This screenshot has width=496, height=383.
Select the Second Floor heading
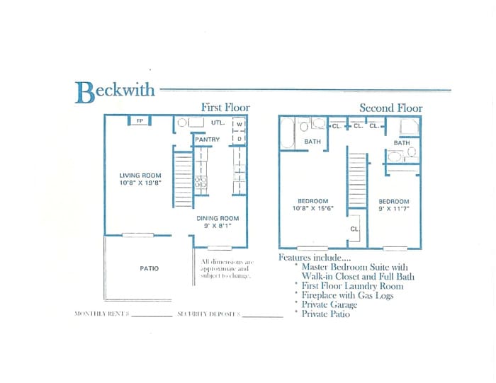pos(390,108)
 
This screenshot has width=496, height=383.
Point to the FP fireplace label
pos(140,121)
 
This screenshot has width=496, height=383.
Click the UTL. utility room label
pos(218,122)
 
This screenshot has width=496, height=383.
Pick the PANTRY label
pos(208,139)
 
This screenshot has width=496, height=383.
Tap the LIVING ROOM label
pos(140,176)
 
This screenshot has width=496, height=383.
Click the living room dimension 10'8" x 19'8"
pos(140,183)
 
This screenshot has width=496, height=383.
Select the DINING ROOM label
pos(218,218)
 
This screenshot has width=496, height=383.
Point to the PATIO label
pos(150,268)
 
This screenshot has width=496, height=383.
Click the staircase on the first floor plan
pos(184,181)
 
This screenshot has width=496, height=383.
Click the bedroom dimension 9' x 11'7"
pos(393,209)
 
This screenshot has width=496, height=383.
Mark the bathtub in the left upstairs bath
pos(288,132)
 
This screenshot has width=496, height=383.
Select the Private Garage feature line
pos(329,304)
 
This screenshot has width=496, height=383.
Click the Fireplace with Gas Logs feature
pos(347,295)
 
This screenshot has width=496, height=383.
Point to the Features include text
pos(312,258)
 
